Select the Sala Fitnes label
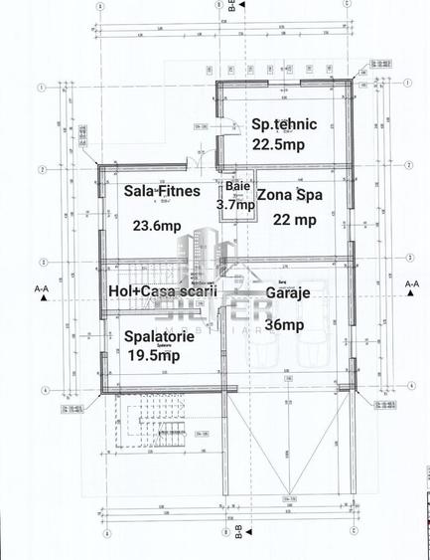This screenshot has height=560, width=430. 162,189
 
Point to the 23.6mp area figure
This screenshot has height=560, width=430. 157,225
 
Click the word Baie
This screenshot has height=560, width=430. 237,186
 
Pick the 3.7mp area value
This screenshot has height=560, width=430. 234,204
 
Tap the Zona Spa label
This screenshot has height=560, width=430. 289,195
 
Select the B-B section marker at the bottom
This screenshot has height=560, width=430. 238,538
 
